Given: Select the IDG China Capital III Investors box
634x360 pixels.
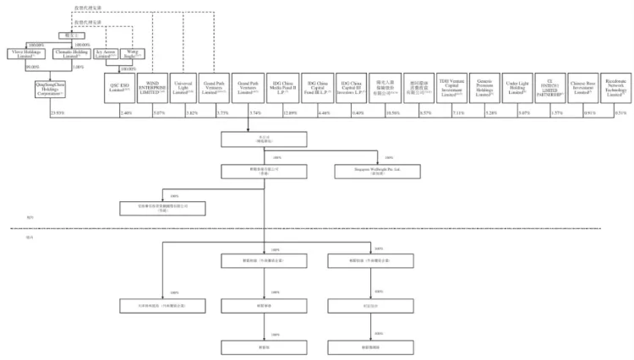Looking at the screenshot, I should click(x=350, y=87).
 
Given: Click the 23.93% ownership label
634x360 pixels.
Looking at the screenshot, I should click(x=57, y=112).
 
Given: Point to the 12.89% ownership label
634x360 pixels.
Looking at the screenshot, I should click(x=289, y=112).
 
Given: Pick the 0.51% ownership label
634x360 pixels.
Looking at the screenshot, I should click(x=621, y=112).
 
